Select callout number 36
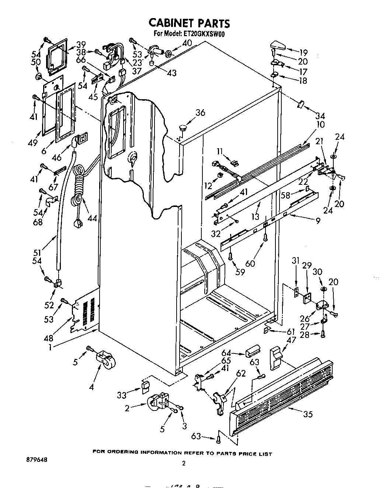(x=200, y=113)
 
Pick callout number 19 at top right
(x=303, y=52)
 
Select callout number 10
(x=320, y=124)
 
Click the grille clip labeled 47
(x=275, y=357)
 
